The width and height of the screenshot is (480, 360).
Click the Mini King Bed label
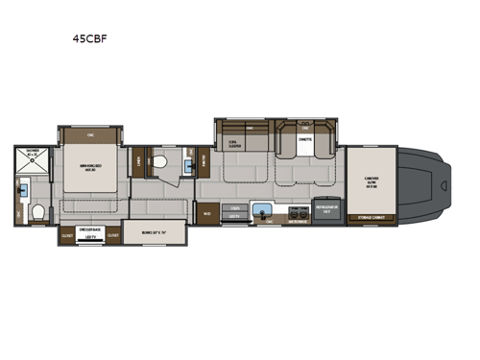click(91, 170)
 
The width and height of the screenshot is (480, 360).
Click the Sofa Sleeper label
click(230, 144)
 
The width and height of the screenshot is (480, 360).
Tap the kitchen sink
click(259, 210)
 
